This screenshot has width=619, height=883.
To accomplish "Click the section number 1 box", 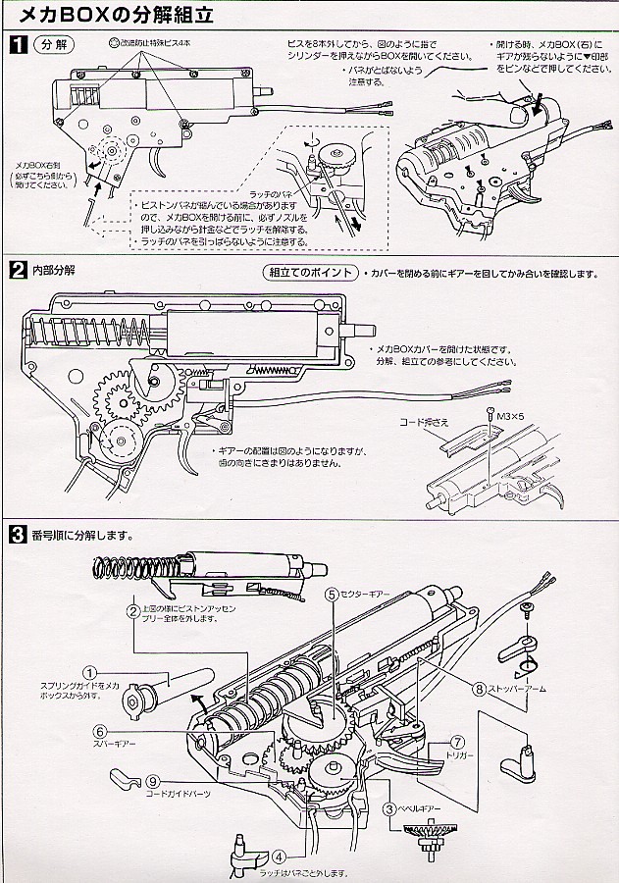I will (x=18, y=44).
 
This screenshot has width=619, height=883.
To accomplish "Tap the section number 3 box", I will (x=18, y=536).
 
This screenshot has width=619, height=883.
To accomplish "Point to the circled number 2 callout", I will (x=131, y=610).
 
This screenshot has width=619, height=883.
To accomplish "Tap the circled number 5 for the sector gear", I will (x=333, y=594).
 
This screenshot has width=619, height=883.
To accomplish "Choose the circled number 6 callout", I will (x=100, y=731).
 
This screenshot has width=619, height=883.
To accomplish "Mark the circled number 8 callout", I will (x=479, y=689).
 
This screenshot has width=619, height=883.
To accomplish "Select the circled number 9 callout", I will (x=153, y=781).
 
